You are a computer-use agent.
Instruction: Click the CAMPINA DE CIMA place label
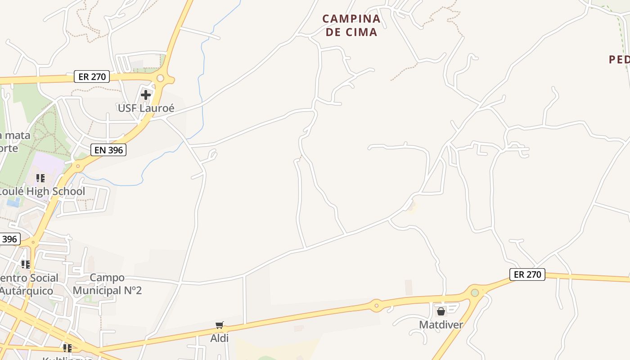(x=351, y=25)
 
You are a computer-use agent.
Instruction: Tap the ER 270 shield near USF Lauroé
(x=92, y=76)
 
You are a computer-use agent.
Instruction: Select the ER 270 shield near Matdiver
(x=527, y=274)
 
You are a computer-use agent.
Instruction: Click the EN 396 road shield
(x=108, y=150)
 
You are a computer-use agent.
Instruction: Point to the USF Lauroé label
(x=146, y=108)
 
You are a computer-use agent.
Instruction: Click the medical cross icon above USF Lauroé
(x=146, y=95)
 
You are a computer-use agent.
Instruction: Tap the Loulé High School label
(x=41, y=191)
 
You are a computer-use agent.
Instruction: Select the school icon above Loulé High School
(x=40, y=178)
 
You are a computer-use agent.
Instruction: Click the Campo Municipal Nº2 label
(x=107, y=284)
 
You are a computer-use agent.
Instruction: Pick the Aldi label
(x=220, y=337)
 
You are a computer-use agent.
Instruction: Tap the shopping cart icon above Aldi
(x=220, y=325)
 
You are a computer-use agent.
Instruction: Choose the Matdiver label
(x=441, y=324)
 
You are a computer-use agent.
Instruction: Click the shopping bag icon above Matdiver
(x=441, y=311)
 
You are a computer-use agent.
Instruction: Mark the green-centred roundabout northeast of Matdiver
(x=475, y=292)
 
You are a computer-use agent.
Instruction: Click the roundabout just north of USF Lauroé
(x=160, y=78)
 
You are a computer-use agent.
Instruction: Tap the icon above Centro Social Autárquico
(x=26, y=264)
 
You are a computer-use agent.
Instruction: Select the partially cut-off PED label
(x=619, y=59)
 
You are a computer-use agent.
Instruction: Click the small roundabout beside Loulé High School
(x=78, y=166)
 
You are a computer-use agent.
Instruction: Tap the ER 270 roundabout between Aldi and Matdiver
(x=376, y=306)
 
